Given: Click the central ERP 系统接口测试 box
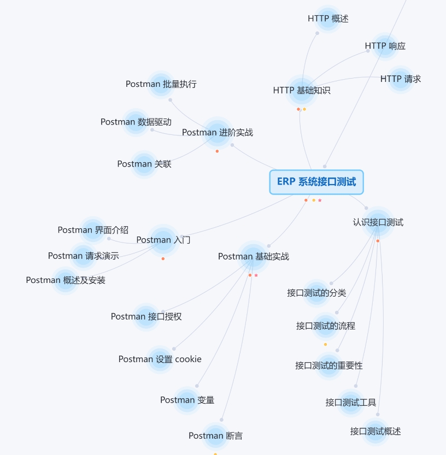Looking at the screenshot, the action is click(316, 182).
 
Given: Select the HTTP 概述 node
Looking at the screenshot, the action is click(328, 19).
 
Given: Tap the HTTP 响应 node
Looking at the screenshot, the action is click(385, 46).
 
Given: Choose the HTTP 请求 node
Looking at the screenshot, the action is click(401, 79).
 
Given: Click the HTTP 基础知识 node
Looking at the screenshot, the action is click(302, 91).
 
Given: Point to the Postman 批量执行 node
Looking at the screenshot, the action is click(161, 84).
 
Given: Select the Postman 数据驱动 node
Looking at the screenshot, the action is click(136, 122).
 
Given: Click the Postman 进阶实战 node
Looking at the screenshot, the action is click(218, 133).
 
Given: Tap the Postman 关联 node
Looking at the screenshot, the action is click(144, 164).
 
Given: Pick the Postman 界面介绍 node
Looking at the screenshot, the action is click(93, 230).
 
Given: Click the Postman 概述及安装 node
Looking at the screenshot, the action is click(66, 280).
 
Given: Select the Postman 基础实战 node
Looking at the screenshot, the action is click(254, 257).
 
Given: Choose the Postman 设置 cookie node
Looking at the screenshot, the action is click(160, 359).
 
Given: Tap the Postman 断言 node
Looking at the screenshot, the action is click(215, 435).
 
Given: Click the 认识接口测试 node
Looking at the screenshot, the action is click(378, 222).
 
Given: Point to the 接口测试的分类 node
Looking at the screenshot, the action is click(316, 293).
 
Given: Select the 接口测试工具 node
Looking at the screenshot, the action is click(351, 403).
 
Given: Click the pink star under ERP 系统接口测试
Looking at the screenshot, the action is click(320, 200).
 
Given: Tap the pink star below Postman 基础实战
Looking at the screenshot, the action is click(256, 275).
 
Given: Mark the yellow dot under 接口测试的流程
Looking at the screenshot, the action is click(326, 345).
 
